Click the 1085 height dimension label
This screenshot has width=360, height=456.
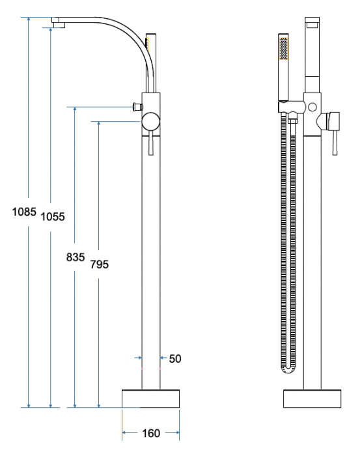click(x=24, y=212)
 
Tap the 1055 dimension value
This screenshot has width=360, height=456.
click(x=53, y=217)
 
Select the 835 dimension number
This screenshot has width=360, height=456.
click(x=76, y=257)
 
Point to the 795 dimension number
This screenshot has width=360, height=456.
click(x=100, y=264)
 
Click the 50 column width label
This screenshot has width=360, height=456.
click(x=175, y=359)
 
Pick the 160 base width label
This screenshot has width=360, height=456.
click(x=151, y=434)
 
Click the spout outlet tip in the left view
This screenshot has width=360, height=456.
click(x=59, y=25)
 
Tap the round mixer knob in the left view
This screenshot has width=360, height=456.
click(x=151, y=121)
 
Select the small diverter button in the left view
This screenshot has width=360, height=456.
click(x=138, y=107)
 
